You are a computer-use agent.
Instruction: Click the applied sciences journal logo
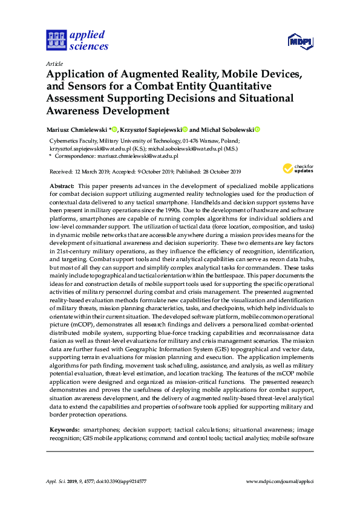pos(77,39)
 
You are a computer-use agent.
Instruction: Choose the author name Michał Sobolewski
pos(227,129)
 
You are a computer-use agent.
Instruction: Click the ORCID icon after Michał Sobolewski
pos(257,129)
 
